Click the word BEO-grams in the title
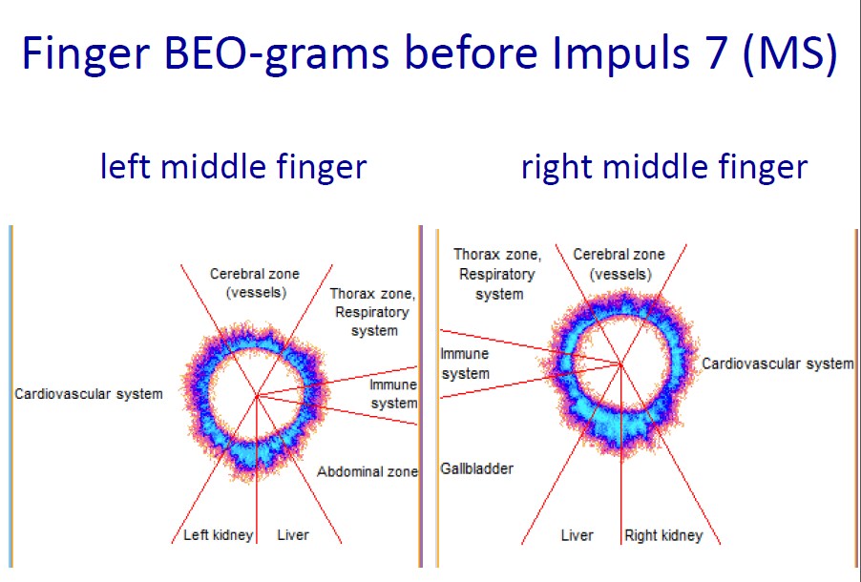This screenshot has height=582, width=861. (x=276, y=54)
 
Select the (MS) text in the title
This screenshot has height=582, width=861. (x=790, y=54)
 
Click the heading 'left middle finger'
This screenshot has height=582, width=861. (x=233, y=166)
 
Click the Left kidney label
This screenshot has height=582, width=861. (x=218, y=535)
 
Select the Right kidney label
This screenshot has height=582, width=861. (x=663, y=535)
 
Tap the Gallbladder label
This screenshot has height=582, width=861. (x=476, y=468)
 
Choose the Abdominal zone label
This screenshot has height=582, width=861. (x=367, y=471)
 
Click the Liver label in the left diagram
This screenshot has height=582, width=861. (x=293, y=535)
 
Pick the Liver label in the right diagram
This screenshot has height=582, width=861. (x=577, y=535)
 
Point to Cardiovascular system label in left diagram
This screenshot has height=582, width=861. (x=89, y=394)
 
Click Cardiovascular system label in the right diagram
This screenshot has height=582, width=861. (x=778, y=364)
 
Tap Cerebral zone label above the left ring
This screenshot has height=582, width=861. (x=255, y=283)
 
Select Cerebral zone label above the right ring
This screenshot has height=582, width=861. (x=619, y=264)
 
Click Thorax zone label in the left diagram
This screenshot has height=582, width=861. (x=373, y=312)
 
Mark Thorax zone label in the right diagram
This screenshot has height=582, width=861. (x=497, y=274)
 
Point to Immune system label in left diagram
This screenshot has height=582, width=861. (x=393, y=394)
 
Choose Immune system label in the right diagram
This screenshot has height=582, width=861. (x=465, y=364)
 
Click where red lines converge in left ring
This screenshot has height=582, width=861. (x=257, y=395)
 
